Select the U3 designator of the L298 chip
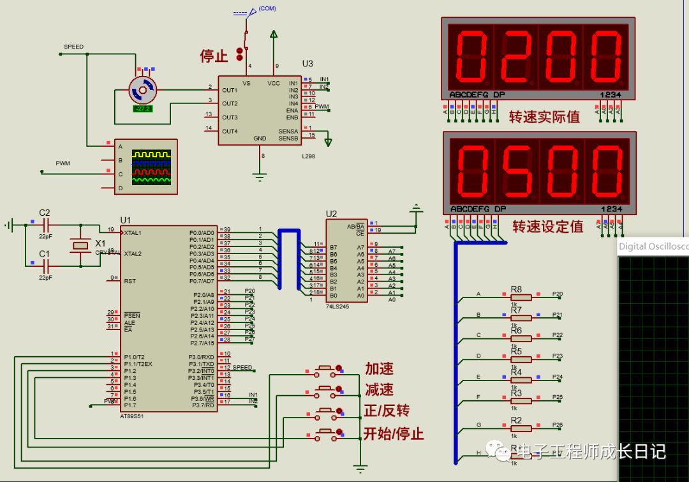[x=307, y=64]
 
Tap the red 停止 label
[x=214, y=56]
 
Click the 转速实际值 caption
[x=544, y=117]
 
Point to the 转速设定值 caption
[x=547, y=227]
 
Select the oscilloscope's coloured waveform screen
[x=151, y=167]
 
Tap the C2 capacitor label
[x=45, y=213]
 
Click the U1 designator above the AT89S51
[x=126, y=220]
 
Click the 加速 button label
[x=379, y=368]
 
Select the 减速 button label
[x=379, y=389]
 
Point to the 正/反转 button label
[x=387, y=411]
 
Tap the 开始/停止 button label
[x=394, y=434]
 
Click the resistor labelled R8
[x=521, y=297]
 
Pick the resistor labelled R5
[x=521, y=359]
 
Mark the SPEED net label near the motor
[x=73, y=47]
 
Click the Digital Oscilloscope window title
[x=653, y=246]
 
